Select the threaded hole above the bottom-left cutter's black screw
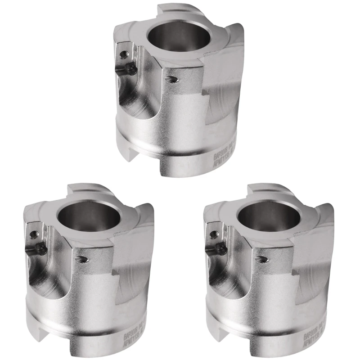[x=34, y=234]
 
